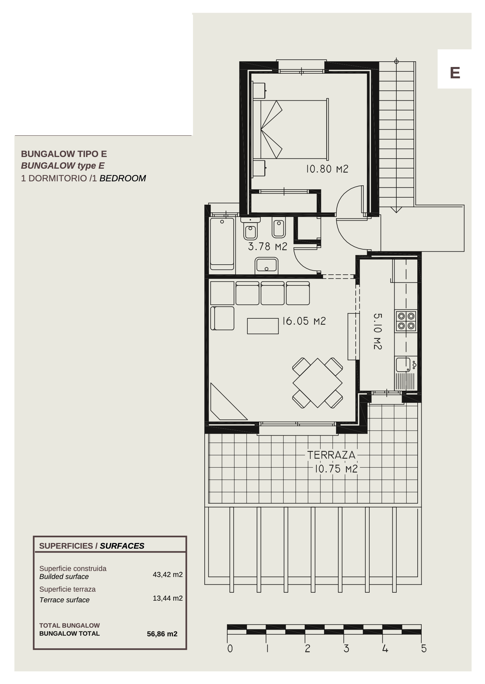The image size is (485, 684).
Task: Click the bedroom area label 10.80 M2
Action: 327,169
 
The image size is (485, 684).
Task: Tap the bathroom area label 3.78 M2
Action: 268,246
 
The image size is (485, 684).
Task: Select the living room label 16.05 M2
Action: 304,321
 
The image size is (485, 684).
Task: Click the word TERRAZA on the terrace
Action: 331,455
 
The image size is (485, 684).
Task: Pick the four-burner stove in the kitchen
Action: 406,321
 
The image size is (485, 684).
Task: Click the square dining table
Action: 317,383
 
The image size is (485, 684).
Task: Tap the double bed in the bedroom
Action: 291,129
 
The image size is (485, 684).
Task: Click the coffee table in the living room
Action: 263,326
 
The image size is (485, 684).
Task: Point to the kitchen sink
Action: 403,365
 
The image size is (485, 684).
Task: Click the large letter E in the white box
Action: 455,73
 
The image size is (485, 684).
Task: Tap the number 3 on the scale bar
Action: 346,648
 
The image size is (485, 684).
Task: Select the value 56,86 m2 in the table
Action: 162,634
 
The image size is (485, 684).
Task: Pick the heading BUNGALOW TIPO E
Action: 64,154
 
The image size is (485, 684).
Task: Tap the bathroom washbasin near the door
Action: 266,266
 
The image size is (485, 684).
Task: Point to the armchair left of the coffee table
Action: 222,318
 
